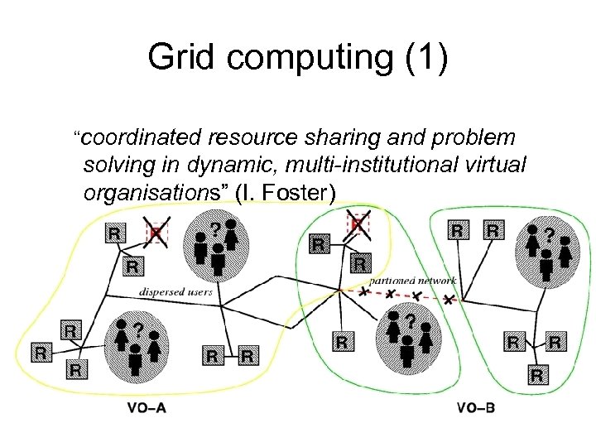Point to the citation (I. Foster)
point(286,193)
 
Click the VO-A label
point(147,408)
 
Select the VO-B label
point(476,408)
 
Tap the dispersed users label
point(175,291)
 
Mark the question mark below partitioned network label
point(411,318)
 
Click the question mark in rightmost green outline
point(547,224)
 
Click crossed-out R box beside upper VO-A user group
point(157,233)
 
